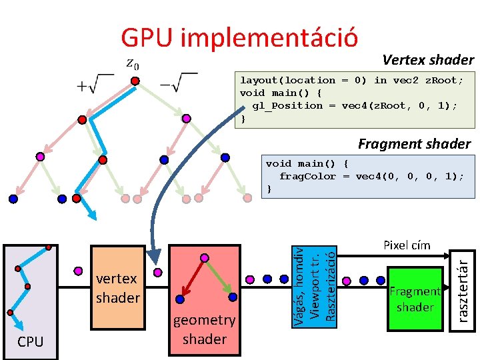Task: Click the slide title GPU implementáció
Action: (x=239, y=38)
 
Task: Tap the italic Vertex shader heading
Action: (x=428, y=60)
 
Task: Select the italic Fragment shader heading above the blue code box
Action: (x=414, y=143)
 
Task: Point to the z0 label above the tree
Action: (x=133, y=64)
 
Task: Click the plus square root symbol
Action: (x=96, y=84)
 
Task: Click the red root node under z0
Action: (x=135, y=81)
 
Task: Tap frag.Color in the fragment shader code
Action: (x=307, y=176)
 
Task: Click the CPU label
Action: (x=31, y=342)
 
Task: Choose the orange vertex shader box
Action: (x=117, y=287)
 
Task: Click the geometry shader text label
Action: (x=204, y=329)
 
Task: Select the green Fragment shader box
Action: (x=415, y=299)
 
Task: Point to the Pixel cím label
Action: (x=407, y=245)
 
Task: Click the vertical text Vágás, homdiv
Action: (x=300, y=286)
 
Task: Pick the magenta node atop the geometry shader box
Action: (x=205, y=258)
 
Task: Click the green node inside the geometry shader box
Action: (x=233, y=297)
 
